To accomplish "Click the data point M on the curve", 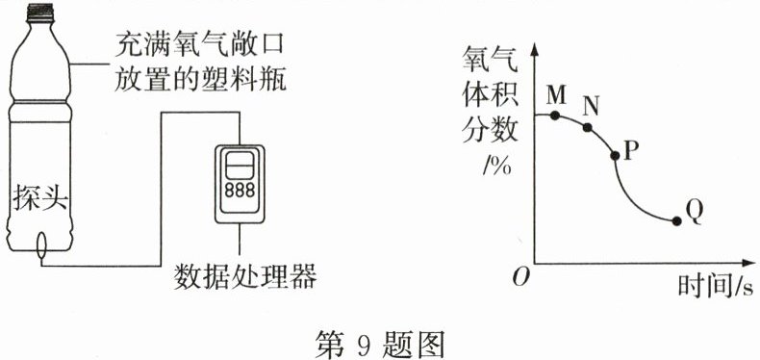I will point(556,115).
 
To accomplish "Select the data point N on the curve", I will point(588,126).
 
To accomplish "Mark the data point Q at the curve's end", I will point(675,220).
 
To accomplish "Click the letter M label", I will point(556,95).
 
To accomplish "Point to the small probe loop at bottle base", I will point(39,247).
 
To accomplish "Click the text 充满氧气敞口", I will point(202,43).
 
